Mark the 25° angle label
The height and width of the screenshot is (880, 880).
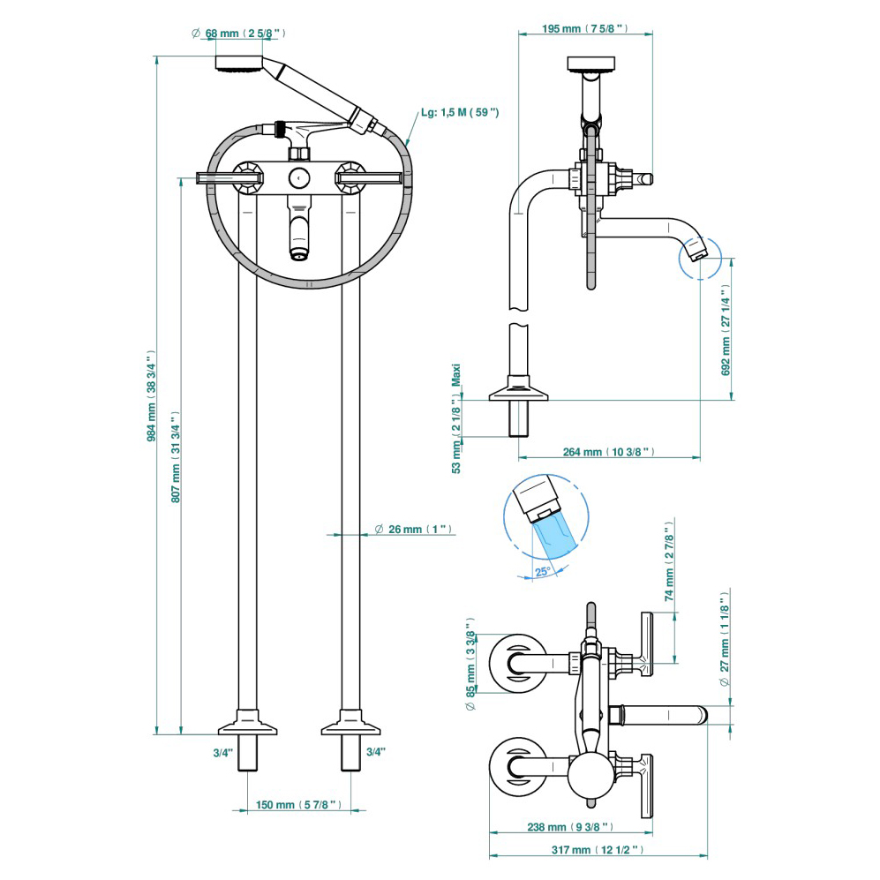click(x=542, y=571)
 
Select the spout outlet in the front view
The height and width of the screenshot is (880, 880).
click(x=300, y=255)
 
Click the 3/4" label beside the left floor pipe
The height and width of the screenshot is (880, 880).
click(x=222, y=752)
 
